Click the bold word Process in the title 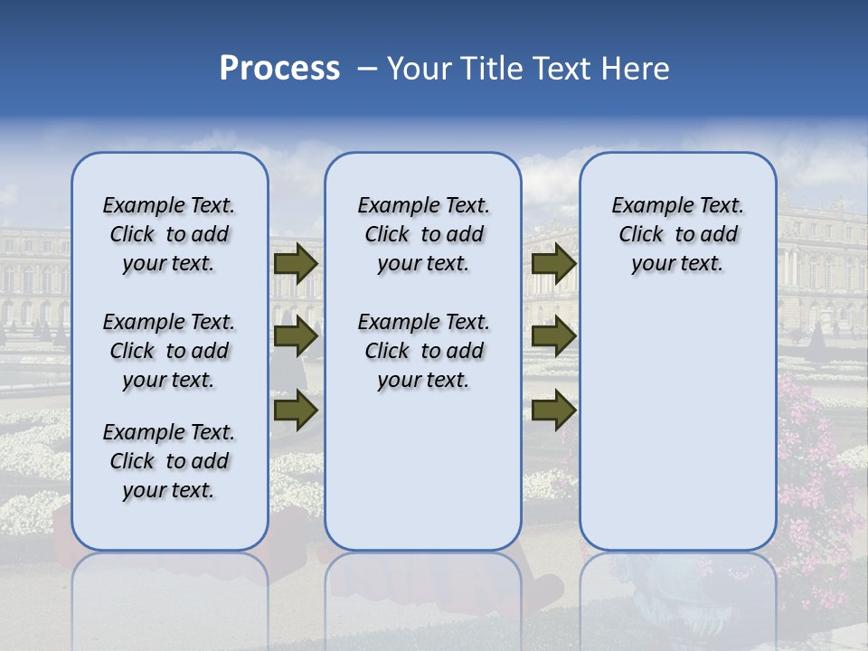click(x=279, y=69)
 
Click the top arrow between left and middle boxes click(x=296, y=263)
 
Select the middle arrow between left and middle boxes click(x=296, y=336)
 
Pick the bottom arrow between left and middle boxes click(x=296, y=410)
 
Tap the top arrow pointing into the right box click(x=554, y=263)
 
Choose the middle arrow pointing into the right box click(x=554, y=336)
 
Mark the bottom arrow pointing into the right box click(x=554, y=410)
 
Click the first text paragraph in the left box click(x=169, y=234)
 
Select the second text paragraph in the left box click(x=169, y=351)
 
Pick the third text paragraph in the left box click(x=169, y=461)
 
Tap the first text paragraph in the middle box click(x=423, y=234)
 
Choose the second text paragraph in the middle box click(x=423, y=351)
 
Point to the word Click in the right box click(x=641, y=235)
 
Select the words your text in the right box click(x=677, y=264)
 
